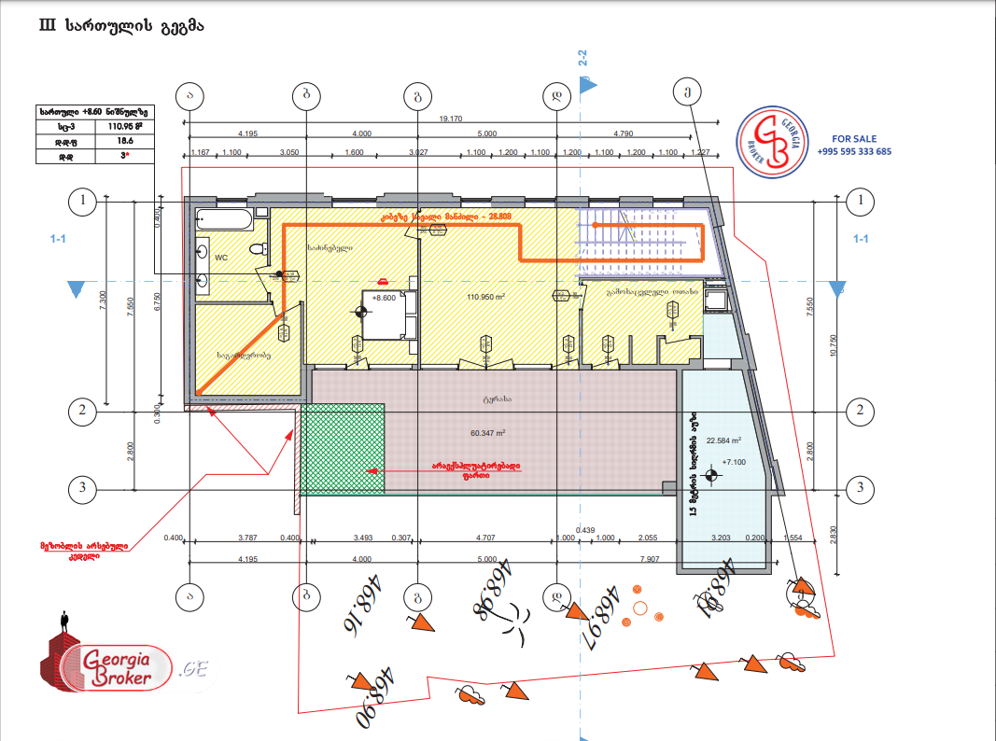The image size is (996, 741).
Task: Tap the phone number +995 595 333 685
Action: point(854,151)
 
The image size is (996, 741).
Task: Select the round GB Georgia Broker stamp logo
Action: point(773,140)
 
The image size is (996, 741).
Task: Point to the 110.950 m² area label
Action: point(485,297)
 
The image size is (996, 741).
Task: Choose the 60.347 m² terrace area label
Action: point(487,433)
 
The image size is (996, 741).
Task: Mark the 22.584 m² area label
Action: point(723,440)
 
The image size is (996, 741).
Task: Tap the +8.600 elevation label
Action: point(384,299)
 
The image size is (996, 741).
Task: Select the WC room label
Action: point(222,256)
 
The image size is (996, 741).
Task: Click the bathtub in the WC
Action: point(224,222)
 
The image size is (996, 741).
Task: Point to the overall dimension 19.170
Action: point(451,119)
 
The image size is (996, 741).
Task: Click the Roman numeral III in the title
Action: point(48,26)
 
